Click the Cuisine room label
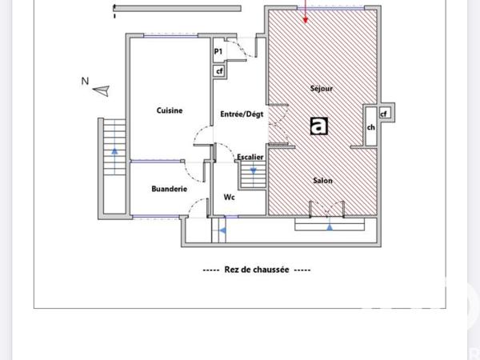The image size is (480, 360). coord(169,111)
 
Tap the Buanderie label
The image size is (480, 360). coord(169,189)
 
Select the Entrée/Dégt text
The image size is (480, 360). coord(242,114)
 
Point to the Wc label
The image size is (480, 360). coord(229,197)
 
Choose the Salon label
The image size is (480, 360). coord(322,181)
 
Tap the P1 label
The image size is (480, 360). coord(218,52)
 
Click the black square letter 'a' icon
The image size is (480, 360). coord(319,126)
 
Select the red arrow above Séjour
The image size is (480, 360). coord(306,11)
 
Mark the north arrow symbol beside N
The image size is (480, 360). coord(101,92)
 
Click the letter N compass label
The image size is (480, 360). coord(84,81)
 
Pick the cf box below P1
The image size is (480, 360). coord(218,70)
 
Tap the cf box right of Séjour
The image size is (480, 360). coord(384,114)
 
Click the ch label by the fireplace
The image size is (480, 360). coord(370,127)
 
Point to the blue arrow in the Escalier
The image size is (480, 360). coord(254,170)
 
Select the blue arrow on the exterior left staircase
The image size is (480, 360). coord(115,150)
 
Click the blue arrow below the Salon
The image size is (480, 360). coord(330,226)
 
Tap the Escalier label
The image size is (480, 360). coord(250,157)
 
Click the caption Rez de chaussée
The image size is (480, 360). coord(257,270)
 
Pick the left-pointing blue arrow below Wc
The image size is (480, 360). coord(222,231)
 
